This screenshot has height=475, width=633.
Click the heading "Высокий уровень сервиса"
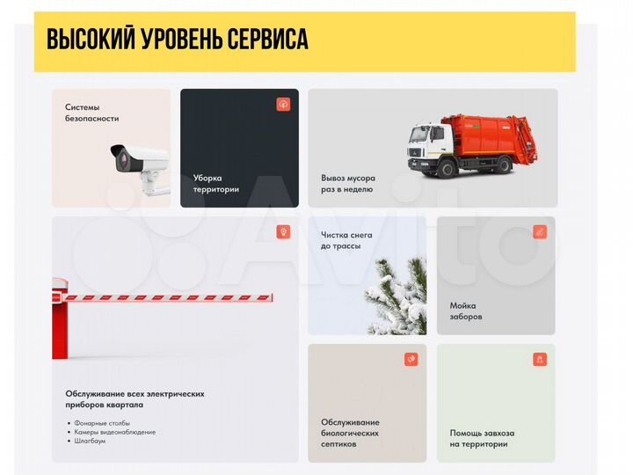tap(177, 40)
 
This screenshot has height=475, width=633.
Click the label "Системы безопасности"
tap(91, 113)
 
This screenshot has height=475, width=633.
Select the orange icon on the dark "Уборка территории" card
tap(283, 104)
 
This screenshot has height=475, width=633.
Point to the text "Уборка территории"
tap(215, 183)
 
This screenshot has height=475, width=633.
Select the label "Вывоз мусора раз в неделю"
tap(348, 183)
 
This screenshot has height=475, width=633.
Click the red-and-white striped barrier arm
tap(167, 298)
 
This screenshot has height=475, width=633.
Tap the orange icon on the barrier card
tap(283, 232)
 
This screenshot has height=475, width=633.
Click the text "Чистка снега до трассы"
tap(346, 240)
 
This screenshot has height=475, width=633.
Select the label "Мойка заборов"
tap(466, 311)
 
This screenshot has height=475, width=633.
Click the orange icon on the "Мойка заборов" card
tap(540, 232)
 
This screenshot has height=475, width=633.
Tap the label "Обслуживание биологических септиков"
tap(350, 433)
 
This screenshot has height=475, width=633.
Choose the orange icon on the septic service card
tap(411, 359)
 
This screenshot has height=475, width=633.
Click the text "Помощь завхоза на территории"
tap(482, 438)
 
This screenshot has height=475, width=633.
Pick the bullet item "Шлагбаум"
tap(91, 441)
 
